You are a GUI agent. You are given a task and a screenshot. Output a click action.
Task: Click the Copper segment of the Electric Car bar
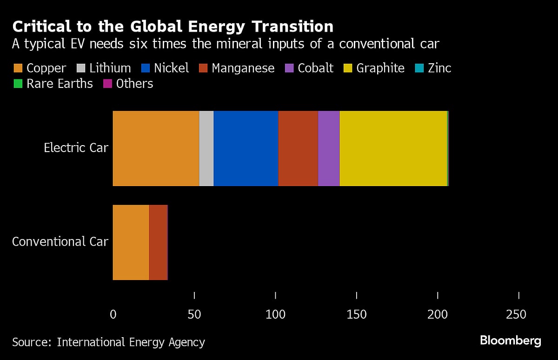pos(156,148)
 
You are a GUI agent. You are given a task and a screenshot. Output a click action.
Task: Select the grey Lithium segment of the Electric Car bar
pos(206,148)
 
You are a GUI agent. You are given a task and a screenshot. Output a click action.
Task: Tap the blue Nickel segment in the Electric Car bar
pos(246,148)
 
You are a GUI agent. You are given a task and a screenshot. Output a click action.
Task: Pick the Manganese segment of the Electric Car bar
pos(298,148)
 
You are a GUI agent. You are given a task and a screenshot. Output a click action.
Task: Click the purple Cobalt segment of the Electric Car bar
pos(329,148)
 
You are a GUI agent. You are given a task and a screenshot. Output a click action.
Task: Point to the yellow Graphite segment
pos(393,148)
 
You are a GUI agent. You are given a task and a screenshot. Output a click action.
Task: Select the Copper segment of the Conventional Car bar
pos(131,242)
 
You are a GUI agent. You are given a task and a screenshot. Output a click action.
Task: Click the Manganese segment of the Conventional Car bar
pos(158,242)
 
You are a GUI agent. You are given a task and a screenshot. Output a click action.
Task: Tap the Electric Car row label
pos(76,148)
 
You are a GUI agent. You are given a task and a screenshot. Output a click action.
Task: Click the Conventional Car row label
pos(60,242)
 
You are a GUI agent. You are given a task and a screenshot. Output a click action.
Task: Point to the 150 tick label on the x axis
pos(357,315)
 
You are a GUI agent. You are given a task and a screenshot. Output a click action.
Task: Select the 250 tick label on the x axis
pos(516,315)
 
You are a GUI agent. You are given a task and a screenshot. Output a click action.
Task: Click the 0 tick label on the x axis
pos(113,315)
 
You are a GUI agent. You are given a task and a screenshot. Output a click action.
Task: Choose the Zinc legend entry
pos(434,68)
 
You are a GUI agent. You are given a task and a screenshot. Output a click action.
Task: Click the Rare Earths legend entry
pos(54,84)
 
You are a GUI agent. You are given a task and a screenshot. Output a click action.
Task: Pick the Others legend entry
pos(129,84)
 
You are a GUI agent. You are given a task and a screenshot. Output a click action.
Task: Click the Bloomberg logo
pos(510,340)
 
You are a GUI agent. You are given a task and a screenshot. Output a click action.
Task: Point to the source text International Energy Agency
pos(131,343)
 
